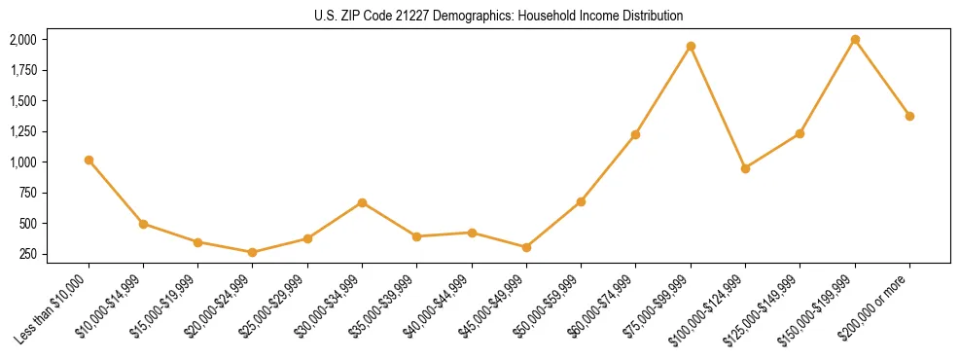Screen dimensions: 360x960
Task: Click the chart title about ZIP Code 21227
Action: tap(498, 16)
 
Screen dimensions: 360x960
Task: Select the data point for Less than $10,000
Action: tap(89, 160)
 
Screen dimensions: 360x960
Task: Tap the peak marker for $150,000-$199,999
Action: tap(855, 40)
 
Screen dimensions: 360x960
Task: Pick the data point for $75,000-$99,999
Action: tap(691, 46)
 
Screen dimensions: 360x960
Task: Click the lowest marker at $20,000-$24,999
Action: tap(253, 252)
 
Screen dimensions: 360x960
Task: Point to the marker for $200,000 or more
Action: tap(909, 116)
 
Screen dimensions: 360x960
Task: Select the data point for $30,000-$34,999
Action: tap(362, 202)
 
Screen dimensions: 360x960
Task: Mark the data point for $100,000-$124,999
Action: tap(745, 168)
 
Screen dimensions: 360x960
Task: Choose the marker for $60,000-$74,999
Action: tap(635, 134)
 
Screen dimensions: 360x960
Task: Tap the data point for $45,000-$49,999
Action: tap(526, 247)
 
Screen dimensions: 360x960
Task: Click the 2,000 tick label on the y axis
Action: tap(22, 40)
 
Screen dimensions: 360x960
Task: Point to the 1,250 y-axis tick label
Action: tap(22, 131)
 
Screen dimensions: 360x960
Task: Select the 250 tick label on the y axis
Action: tap(28, 254)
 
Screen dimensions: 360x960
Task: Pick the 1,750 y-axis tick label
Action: tap(22, 70)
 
